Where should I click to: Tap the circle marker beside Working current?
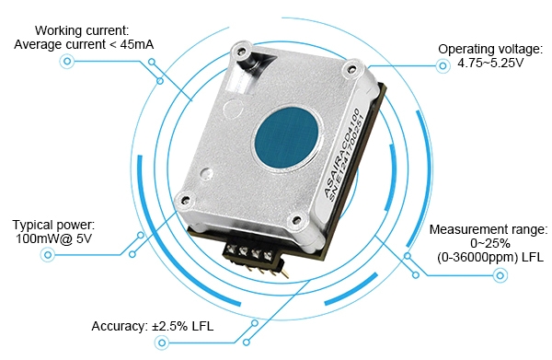66,62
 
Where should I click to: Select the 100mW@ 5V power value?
53,239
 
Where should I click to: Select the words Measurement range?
489,228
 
